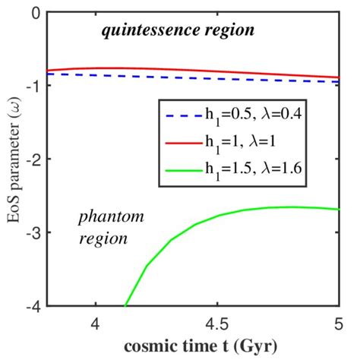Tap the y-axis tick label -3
tap(33, 232)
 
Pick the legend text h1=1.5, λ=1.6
tap(250, 169)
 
